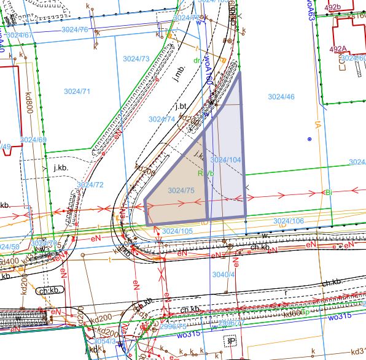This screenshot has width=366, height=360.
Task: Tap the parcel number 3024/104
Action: [225, 159]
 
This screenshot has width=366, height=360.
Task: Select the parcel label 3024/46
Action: [281, 97]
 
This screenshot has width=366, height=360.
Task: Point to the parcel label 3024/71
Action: [77, 91]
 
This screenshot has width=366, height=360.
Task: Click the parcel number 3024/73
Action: [136, 59]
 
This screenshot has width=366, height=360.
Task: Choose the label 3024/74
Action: [162, 119]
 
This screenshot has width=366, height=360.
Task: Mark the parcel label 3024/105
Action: [177, 231]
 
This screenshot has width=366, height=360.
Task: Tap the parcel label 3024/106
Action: [289, 221]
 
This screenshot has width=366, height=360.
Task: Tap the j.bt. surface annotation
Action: [180, 107]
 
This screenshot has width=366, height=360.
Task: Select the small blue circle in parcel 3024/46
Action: [311, 140]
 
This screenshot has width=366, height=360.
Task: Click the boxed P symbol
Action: [232, 341]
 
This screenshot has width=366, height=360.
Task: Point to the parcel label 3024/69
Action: [33, 140]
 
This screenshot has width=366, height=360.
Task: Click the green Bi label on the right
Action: [329, 193]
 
